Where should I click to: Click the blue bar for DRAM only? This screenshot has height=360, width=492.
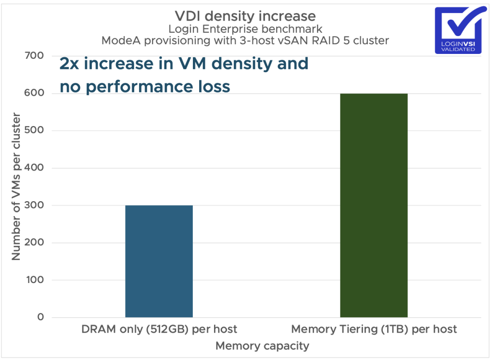pos(159,261)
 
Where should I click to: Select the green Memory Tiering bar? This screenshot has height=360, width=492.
pos(374,205)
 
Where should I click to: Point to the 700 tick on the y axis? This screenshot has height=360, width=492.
pos(34,56)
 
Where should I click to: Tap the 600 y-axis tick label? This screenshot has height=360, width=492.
pos(34,93)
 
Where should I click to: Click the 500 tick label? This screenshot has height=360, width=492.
pos(34,130)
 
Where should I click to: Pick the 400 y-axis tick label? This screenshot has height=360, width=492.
pos(34,168)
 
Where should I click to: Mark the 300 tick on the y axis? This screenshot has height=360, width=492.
pos(34,206)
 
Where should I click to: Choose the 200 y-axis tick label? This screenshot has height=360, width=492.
pos(34,243)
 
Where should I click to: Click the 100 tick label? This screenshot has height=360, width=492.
pos(34,280)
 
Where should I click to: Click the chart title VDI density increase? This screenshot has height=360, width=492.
pos(245,16)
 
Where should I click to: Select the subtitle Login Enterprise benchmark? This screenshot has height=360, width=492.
pos(245,29)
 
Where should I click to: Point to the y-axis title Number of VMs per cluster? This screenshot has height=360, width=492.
pos(16,187)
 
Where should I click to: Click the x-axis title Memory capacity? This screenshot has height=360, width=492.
pos(262,346)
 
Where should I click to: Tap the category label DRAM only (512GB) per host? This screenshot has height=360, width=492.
pos(159,330)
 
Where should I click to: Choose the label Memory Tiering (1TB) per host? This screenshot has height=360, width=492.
pos(374,330)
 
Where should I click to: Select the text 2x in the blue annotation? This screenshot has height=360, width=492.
pos(69,64)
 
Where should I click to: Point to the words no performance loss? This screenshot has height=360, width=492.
pos(145,87)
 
